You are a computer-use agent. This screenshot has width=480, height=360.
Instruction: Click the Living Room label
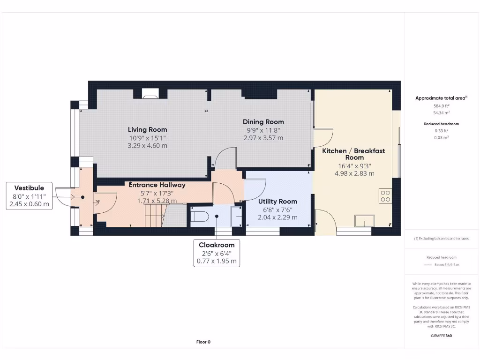pos(147,129)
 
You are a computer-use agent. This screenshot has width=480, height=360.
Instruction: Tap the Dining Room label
pos(263,122)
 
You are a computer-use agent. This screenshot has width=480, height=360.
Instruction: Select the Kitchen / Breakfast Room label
pos(353,154)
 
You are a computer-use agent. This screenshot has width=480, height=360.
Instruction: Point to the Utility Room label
pos(277,202)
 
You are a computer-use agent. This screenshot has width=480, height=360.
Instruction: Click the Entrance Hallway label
pos(157,185)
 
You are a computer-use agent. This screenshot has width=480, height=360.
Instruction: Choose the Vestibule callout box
pos(29,196)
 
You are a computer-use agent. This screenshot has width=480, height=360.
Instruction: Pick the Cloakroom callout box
pos(217,253)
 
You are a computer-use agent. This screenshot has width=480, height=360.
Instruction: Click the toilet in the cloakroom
pos(199,217)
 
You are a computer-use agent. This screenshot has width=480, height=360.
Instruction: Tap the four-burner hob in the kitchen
pos(385,195)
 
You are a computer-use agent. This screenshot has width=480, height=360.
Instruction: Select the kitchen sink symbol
pos(365,220)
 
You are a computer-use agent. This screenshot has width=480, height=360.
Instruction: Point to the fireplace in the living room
pos(151,96)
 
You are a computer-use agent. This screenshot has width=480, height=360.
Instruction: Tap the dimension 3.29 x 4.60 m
pos(147,146)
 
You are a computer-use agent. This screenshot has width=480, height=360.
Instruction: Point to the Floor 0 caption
pos(203,342)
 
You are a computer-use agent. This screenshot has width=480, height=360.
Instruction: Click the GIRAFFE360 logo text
pos(441,336)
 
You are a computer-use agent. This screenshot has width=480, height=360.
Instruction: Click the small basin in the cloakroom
pos(237,217)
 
